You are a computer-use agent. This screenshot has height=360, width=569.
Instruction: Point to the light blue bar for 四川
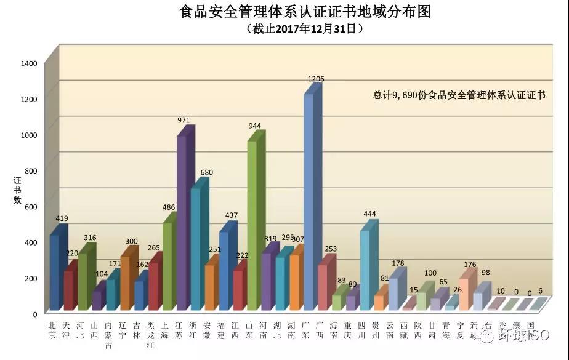pyautogui.click(x=365, y=271)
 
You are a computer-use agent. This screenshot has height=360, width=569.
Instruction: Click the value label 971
pyautogui.click(x=184, y=120)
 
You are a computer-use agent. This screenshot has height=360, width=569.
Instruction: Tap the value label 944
pyautogui.click(x=254, y=126)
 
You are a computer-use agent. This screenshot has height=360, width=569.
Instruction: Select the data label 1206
pyautogui.click(x=316, y=79)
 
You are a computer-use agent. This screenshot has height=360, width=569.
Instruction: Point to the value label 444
pyautogui.click(x=369, y=214)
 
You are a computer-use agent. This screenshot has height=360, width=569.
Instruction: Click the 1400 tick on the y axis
pyautogui.click(x=30, y=63)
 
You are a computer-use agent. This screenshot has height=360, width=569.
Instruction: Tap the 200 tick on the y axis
pyautogui.click(x=32, y=279)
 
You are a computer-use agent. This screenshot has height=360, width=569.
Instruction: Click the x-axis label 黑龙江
pyautogui.click(x=151, y=335)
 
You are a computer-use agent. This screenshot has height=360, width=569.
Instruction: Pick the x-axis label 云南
pyautogui.click(x=390, y=330)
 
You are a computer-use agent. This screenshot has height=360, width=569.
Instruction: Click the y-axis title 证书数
pyautogui.click(x=18, y=190)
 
